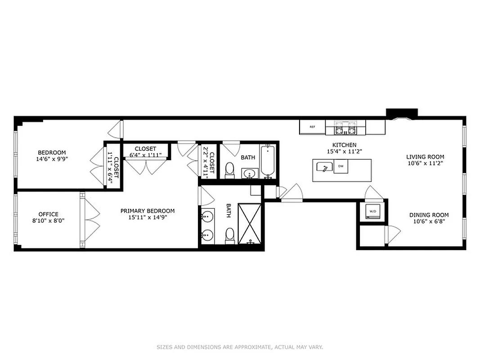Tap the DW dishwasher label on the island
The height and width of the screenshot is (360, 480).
click(x=341, y=166)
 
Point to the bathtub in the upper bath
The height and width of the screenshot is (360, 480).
click(x=267, y=161)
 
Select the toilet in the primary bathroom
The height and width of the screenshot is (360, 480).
click(x=230, y=235)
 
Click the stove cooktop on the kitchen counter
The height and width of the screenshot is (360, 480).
click(x=345, y=127)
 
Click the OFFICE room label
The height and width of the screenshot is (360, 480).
click(x=48, y=214)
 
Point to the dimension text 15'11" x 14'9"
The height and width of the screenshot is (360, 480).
click(x=148, y=217)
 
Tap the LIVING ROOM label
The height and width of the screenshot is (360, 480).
click(x=425, y=157)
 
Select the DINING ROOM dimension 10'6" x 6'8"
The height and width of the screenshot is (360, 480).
click(x=429, y=221)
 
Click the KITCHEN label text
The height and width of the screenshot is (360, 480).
click(x=344, y=145)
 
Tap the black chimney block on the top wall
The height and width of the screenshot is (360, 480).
click(x=402, y=112)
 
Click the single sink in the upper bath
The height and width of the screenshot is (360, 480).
click(x=250, y=173)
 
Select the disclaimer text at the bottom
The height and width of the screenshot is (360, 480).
click(x=240, y=347)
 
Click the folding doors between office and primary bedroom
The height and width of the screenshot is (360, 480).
click(x=90, y=220)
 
